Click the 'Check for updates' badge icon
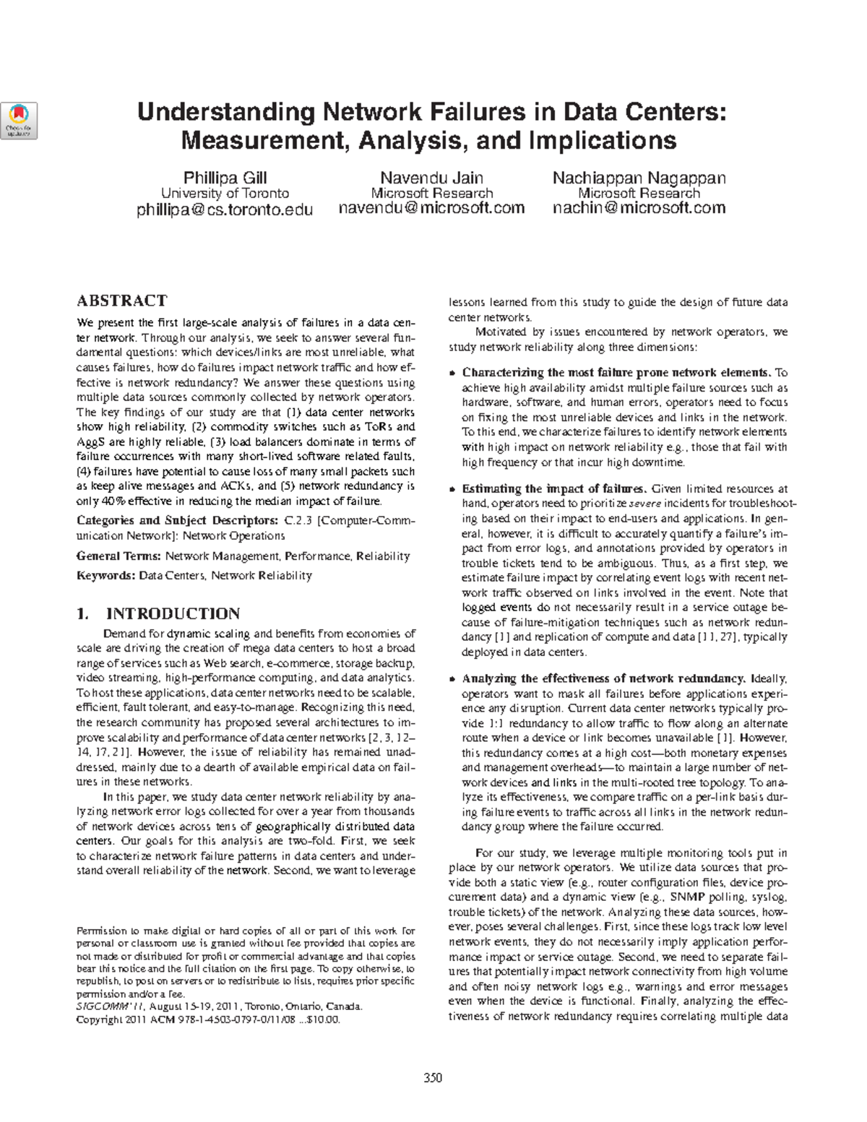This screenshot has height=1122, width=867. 20,120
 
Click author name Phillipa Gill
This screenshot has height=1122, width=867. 225,178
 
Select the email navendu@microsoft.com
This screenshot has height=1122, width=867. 431,209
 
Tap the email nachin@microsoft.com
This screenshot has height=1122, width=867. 639,209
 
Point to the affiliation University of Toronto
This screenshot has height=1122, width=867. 225,194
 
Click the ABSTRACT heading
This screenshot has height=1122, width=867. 121,301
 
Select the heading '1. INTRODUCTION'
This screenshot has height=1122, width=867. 158,614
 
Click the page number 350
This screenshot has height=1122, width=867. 433,1078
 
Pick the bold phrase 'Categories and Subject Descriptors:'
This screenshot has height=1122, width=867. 176,520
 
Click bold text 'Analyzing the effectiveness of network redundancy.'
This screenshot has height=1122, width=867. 603,679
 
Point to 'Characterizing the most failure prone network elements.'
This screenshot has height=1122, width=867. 616,373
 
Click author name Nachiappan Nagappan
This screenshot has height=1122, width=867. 639,178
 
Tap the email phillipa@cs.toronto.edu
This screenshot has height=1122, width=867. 225,210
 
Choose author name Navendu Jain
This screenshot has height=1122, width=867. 431,178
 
